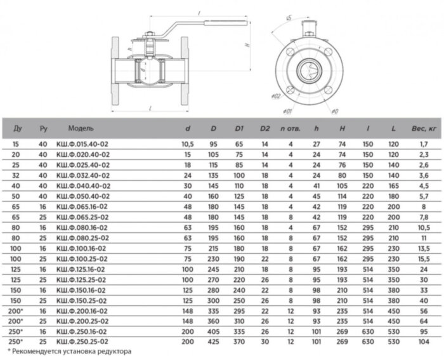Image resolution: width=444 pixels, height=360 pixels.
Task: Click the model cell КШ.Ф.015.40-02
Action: coord(82,145)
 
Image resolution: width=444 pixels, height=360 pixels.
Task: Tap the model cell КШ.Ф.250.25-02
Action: coord(82,341)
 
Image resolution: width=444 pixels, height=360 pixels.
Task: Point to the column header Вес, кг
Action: coord(423,128)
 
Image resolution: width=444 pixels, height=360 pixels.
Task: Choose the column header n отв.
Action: coord(290,128)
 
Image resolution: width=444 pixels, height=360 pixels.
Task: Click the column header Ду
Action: coord(17,128)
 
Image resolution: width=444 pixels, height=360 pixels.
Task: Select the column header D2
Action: coord(264,128)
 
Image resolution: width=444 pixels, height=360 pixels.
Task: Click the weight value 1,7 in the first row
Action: coord(423,145)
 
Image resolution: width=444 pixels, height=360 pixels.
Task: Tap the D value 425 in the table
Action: coord(214,341)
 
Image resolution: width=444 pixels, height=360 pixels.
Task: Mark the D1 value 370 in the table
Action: coord(239,341)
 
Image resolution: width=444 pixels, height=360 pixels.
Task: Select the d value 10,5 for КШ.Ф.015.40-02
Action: coord(187,145)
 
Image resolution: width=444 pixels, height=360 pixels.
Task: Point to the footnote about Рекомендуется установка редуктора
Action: coord(69,350)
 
